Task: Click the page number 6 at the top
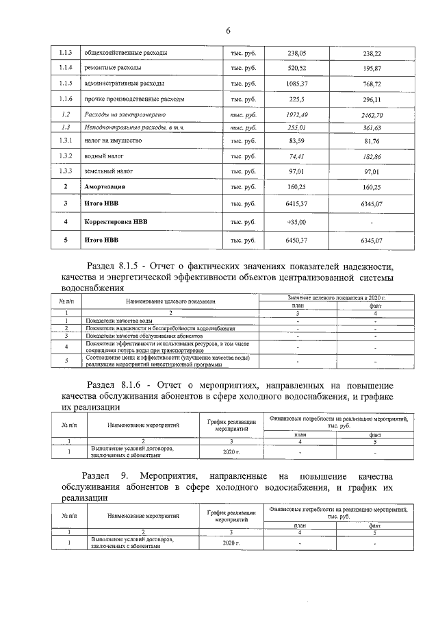pyautogui.click(x=229, y=30)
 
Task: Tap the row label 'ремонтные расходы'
pyautogui.click(x=113, y=69)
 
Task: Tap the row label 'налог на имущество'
pyautogui.click(x=113, y=140)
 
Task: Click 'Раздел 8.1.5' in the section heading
pyautogui.click(x=121, y=266)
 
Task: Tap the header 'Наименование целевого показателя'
pyautogui.click(x=170, y=301)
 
